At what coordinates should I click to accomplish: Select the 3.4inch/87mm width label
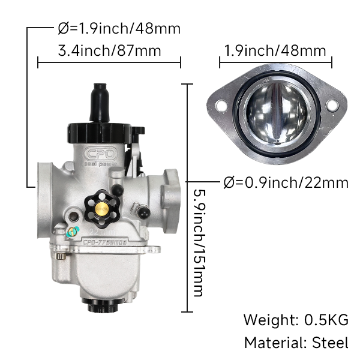(x=109, y=51)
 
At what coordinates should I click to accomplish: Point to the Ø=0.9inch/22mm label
(x=286, y=182)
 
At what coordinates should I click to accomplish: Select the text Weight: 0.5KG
(x=295, y=319)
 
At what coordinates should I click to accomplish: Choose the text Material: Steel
(x=295, y=343)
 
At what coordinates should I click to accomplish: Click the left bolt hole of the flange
(x=220, y=106)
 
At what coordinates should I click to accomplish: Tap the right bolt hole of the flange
(x=329, y=106)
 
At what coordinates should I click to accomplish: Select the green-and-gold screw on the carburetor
(x=73, y=232)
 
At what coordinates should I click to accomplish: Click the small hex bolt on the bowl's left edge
(x=60, y=256)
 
